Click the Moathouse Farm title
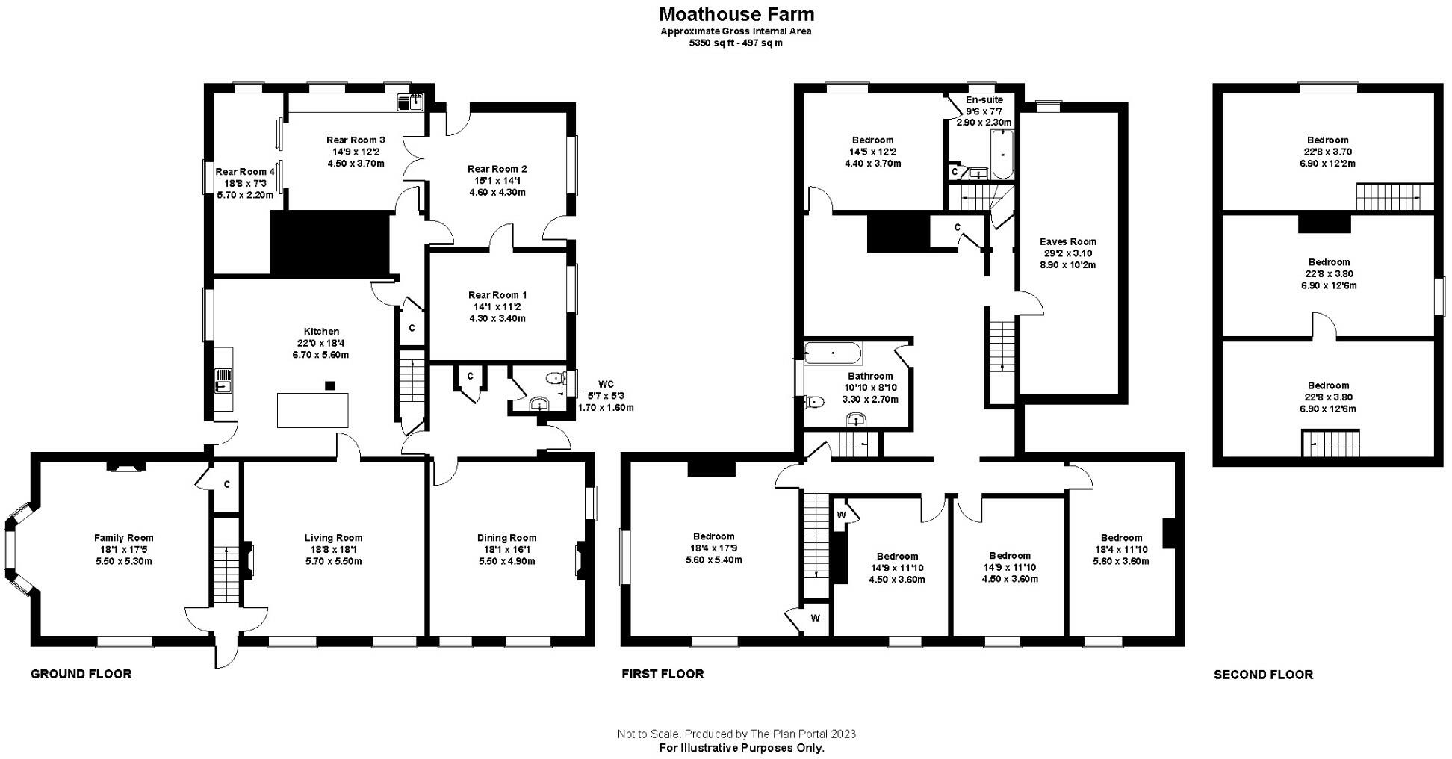coord(736,13)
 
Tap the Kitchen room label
coord(321,331)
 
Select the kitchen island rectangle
coord(312,410)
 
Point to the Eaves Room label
coord(1068,241)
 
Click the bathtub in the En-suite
coord(1002,155)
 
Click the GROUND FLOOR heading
coord(81,674)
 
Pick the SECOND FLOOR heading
coord(1263,675)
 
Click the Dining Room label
coord(506,538)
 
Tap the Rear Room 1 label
coord(497,295)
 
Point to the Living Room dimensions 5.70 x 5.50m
coord(333,561)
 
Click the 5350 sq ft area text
coord(736,43)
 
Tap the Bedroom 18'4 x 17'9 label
coord(714,548)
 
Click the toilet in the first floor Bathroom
coord(815,402)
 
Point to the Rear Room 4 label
coord(245,172)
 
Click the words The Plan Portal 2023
coord(798,734)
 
